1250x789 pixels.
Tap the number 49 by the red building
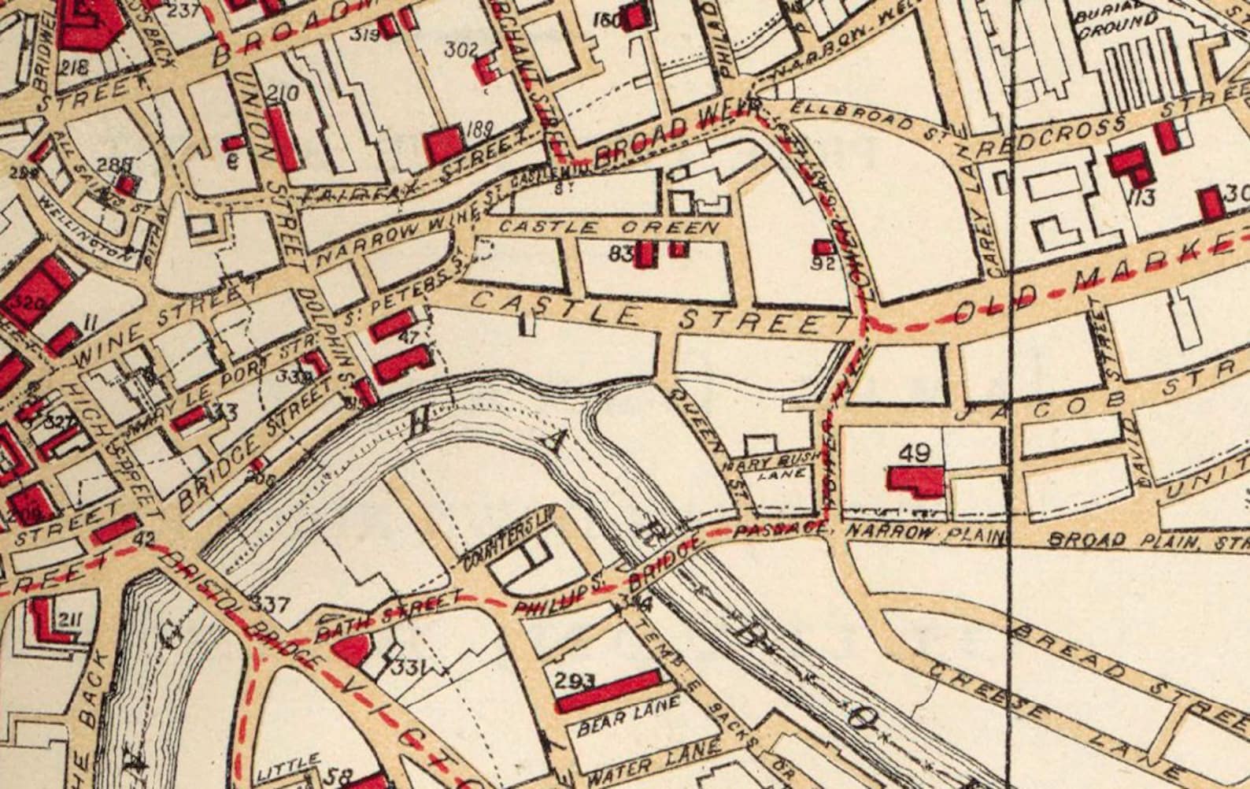(913, 453)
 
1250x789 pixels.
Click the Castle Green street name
(610, 227)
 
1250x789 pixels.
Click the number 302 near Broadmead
(461, 50)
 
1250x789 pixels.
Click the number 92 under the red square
(823, 264)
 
